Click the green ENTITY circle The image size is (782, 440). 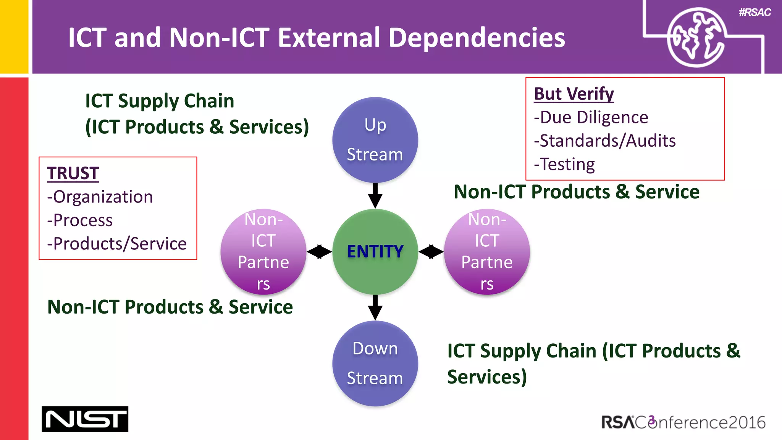click(375, 252)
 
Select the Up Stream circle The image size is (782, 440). click(375, 140)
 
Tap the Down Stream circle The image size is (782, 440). click(375, 363)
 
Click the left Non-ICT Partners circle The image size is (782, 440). click(263, 252)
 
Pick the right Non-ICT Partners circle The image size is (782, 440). click(487, 252)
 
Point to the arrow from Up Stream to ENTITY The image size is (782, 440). click(375, 196)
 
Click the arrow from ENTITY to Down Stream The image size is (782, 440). click(375, 307)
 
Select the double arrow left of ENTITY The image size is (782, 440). click(319, 252)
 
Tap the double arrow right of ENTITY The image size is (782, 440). click(431, 252)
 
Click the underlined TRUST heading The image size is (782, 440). click(73, 173)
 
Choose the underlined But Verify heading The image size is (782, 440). click(574, 94)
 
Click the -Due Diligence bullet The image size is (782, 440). click(591, 117)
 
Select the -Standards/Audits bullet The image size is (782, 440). click(604, 141)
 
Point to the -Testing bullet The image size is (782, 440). click(564, 164)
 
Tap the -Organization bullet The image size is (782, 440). click(100, 197)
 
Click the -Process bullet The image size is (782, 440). click(80, 220)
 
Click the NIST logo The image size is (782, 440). click(85, 419)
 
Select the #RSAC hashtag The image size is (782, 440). click(755, 13)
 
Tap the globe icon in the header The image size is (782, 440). click(696, 37)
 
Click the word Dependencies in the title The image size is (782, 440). click(477, 38)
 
